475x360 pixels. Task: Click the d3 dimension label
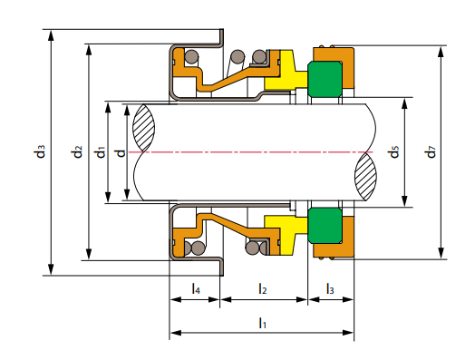pos(40,151)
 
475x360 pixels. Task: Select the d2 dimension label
pos(77,151)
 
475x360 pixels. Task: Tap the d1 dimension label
pos(101,151)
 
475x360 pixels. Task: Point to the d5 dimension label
pos(394,151)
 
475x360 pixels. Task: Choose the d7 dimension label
pos(431,151)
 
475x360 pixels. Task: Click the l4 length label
pos(196,288)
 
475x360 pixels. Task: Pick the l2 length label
pos(263,288)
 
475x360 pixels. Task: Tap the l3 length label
pos(330,288)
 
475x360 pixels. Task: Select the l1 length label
pos(262,323)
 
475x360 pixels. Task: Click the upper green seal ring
pos(325,80)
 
